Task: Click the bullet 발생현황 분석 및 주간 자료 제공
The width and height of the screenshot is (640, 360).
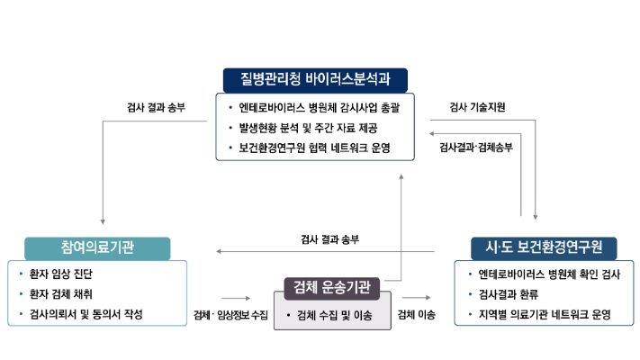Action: [x=308, y=128]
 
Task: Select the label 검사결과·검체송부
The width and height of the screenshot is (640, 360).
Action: [x=475, y=147]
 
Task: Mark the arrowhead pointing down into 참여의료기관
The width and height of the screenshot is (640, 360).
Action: [x=104, y=220]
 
